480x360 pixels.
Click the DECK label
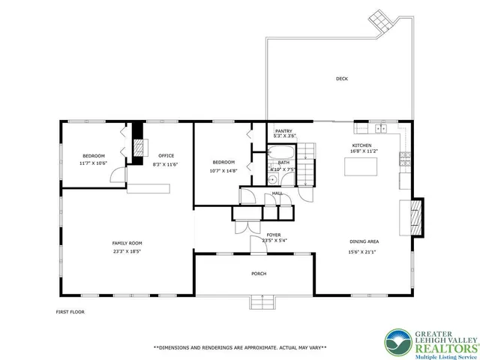pyautogui.click(x=342, y=79)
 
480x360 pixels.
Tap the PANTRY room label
pyautogui.click(x=283, y=130)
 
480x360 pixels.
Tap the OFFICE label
pyautogui.click(x=166, y=156)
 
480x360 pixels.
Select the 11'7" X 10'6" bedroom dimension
pyautogui.click(x=94, y=163)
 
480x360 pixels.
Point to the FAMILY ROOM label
pyautogui.click(x=127, y=243)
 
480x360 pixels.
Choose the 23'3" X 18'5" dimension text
pyautogui.click(x=127, y=251)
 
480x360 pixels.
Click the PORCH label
pyautogui.click(x=258, y=274)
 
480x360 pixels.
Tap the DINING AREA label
pyautogui.click(x=364, y=241)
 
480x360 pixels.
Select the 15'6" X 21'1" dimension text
pyautogui.click(x=364, y=251)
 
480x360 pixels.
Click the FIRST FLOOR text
pyautogui.click(x=71, y=312)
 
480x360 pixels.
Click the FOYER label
pyautogui.click(x=274, y=235)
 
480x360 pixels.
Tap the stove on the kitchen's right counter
pyautogui.click(x=405, y=157)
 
